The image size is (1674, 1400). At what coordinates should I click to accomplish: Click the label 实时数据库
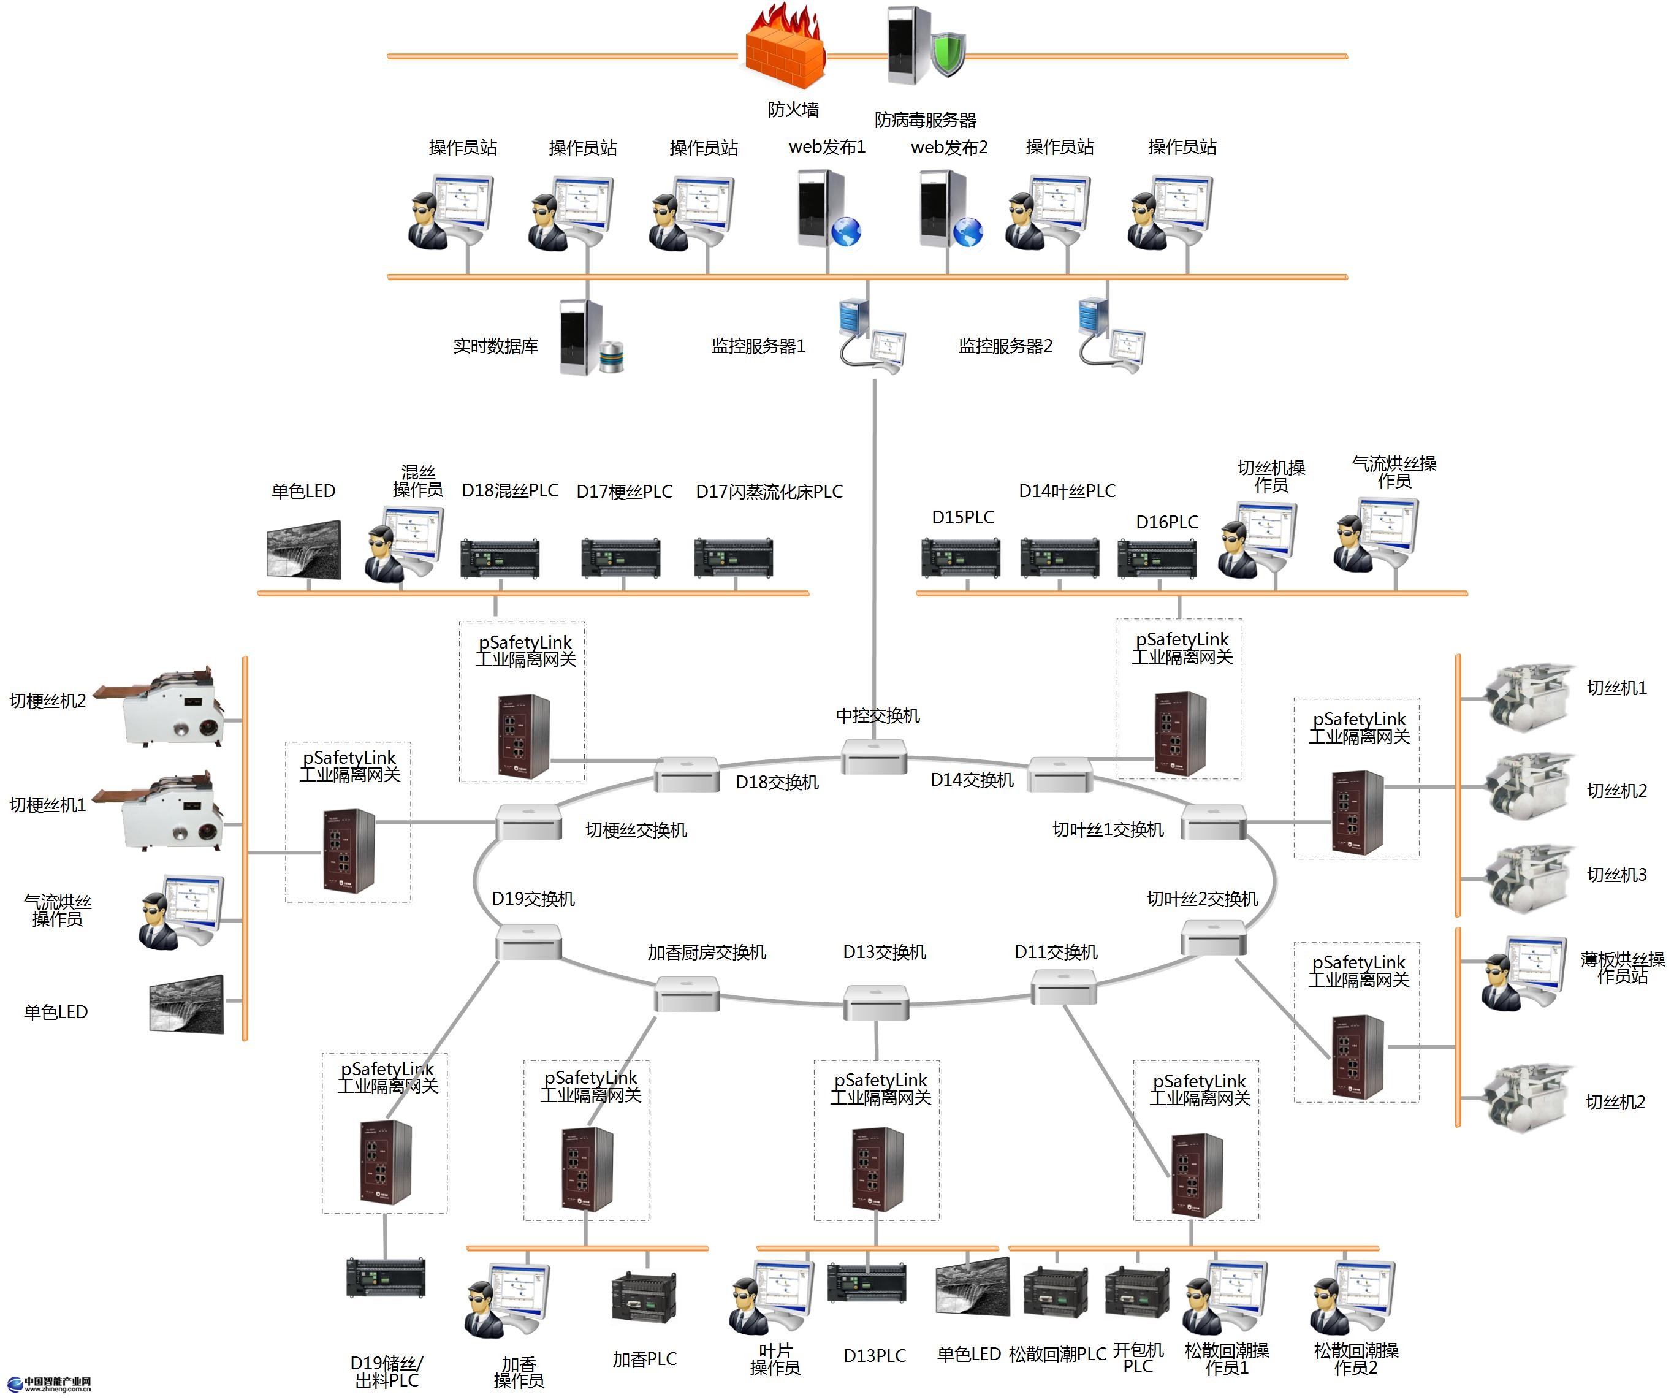[495, 346]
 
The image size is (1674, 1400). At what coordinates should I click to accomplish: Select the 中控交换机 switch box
[875, 756]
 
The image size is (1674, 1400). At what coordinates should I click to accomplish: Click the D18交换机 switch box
[687, 774]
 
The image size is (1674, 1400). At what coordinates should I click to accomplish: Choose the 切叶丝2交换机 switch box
[1212, 938]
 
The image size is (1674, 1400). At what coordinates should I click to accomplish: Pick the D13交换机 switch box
[876, 1002]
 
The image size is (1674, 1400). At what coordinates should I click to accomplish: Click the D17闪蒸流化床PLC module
[733, 557]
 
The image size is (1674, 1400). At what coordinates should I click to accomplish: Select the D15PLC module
[961, 557]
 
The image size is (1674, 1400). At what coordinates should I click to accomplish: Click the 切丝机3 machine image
[1526, 878]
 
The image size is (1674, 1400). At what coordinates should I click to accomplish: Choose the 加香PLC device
[644, 1296]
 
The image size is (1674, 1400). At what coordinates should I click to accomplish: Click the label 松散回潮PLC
[1057, 1355]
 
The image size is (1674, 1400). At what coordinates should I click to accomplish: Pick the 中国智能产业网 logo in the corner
[50, 1384]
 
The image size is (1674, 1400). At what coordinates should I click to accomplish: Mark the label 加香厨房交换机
[706, 953]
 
